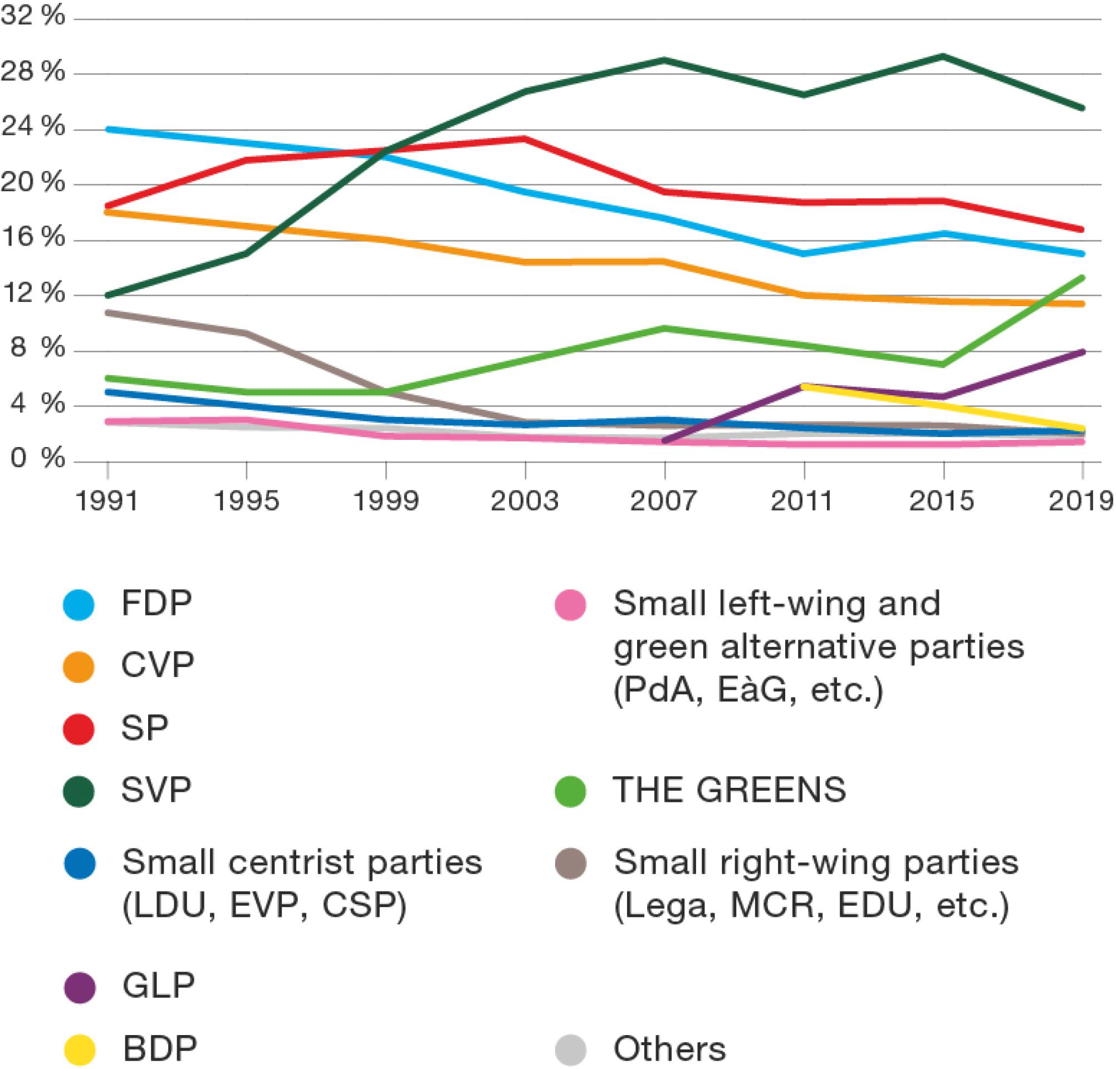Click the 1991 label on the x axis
107,502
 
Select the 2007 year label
664,502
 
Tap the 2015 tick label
942,502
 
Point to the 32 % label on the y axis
33,16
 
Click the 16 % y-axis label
33,237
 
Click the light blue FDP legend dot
79,605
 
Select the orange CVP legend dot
79,666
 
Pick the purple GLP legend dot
79,987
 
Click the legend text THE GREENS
730,790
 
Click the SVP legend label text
156,790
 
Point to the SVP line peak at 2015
943,56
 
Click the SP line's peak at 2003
525,138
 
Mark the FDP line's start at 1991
108,130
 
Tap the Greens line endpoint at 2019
1082,277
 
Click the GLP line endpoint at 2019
1082,352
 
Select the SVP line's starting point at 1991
108,296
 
